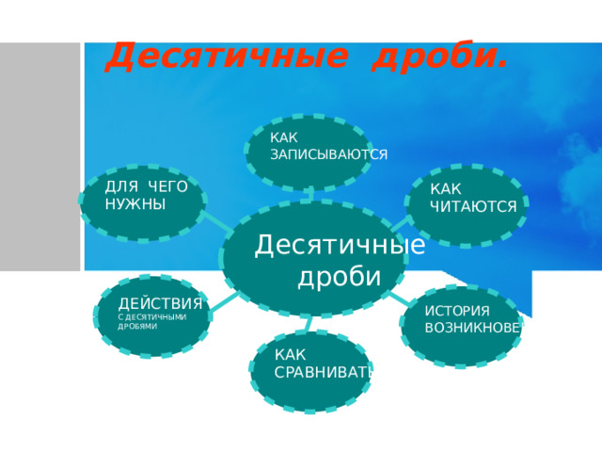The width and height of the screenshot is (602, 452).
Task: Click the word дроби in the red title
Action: [439, 57]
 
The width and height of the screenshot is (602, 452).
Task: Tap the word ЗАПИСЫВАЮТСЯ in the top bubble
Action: [328, 154]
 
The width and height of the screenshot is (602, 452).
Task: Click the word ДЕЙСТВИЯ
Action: [160, 303]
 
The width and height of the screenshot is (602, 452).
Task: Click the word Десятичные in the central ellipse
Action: [340, 245]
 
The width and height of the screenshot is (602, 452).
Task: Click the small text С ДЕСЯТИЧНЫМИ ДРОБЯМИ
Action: [151, 321]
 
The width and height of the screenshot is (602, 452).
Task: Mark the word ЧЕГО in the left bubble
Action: [167, 187]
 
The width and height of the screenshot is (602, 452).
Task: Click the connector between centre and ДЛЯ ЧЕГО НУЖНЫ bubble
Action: [215, 224]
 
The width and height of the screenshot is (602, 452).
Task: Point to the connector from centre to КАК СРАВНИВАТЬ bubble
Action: [308, 323]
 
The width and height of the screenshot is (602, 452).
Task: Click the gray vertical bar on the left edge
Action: [40, 155]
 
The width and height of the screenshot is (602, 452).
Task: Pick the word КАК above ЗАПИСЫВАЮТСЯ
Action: [283, 138]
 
